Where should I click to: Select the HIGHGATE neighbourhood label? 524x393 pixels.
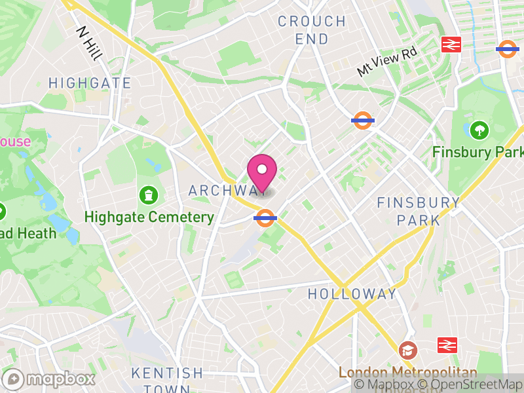point(90,83)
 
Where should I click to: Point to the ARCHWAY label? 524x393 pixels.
point(223,191)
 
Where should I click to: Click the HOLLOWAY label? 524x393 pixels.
point(352,293)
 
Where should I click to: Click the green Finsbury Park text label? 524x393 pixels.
point(477,152)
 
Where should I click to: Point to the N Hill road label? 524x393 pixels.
point(89,43)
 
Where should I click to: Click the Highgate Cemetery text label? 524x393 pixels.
point(149,217)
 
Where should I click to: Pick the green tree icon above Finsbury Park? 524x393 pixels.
point(479,129)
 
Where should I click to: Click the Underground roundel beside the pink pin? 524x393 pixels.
point(265,217)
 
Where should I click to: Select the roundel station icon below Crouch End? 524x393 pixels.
point(363,121)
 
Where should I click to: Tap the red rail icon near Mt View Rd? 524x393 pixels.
point(451,45)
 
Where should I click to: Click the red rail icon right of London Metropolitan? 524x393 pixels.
point(447,345)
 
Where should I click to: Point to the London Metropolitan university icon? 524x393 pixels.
point(408,350)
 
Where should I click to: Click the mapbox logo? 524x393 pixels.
point(50,379)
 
